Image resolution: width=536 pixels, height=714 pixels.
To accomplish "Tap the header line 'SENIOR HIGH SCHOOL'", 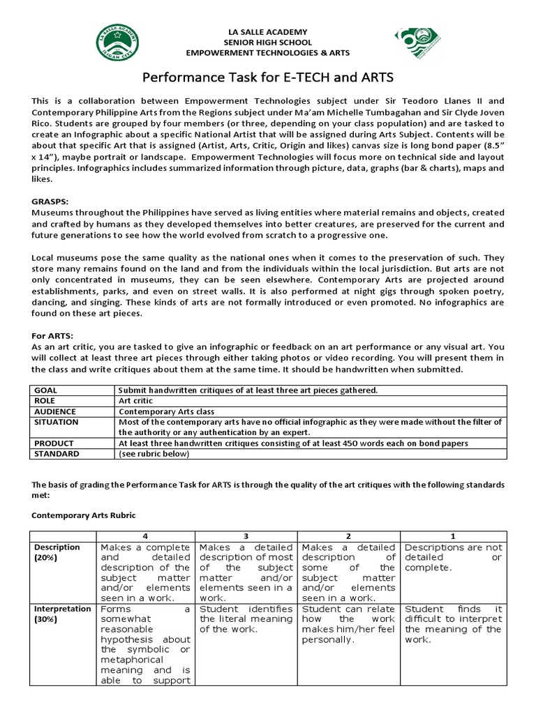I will (x=268, y=43).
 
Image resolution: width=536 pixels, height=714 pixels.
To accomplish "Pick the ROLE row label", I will (x=44, y=401).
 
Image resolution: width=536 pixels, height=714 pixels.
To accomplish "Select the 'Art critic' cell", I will (x=136, y=401).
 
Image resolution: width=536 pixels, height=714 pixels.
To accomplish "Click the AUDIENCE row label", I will (x=54, y=411).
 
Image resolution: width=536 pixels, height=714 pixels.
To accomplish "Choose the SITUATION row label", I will (x=56, y=422).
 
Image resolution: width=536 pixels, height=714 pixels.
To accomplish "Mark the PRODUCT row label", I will (x=54, y=443).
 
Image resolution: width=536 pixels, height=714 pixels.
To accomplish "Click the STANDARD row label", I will (x=57, y=454).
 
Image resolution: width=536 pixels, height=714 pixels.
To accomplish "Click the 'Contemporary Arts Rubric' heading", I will (x=84, y=515).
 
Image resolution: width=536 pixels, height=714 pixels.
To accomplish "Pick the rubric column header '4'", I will (x=144, y=535).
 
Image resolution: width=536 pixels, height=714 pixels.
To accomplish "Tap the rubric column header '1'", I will (x=454, y=535).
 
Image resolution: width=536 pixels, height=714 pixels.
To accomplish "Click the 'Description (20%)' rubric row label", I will (x=58, y=552).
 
